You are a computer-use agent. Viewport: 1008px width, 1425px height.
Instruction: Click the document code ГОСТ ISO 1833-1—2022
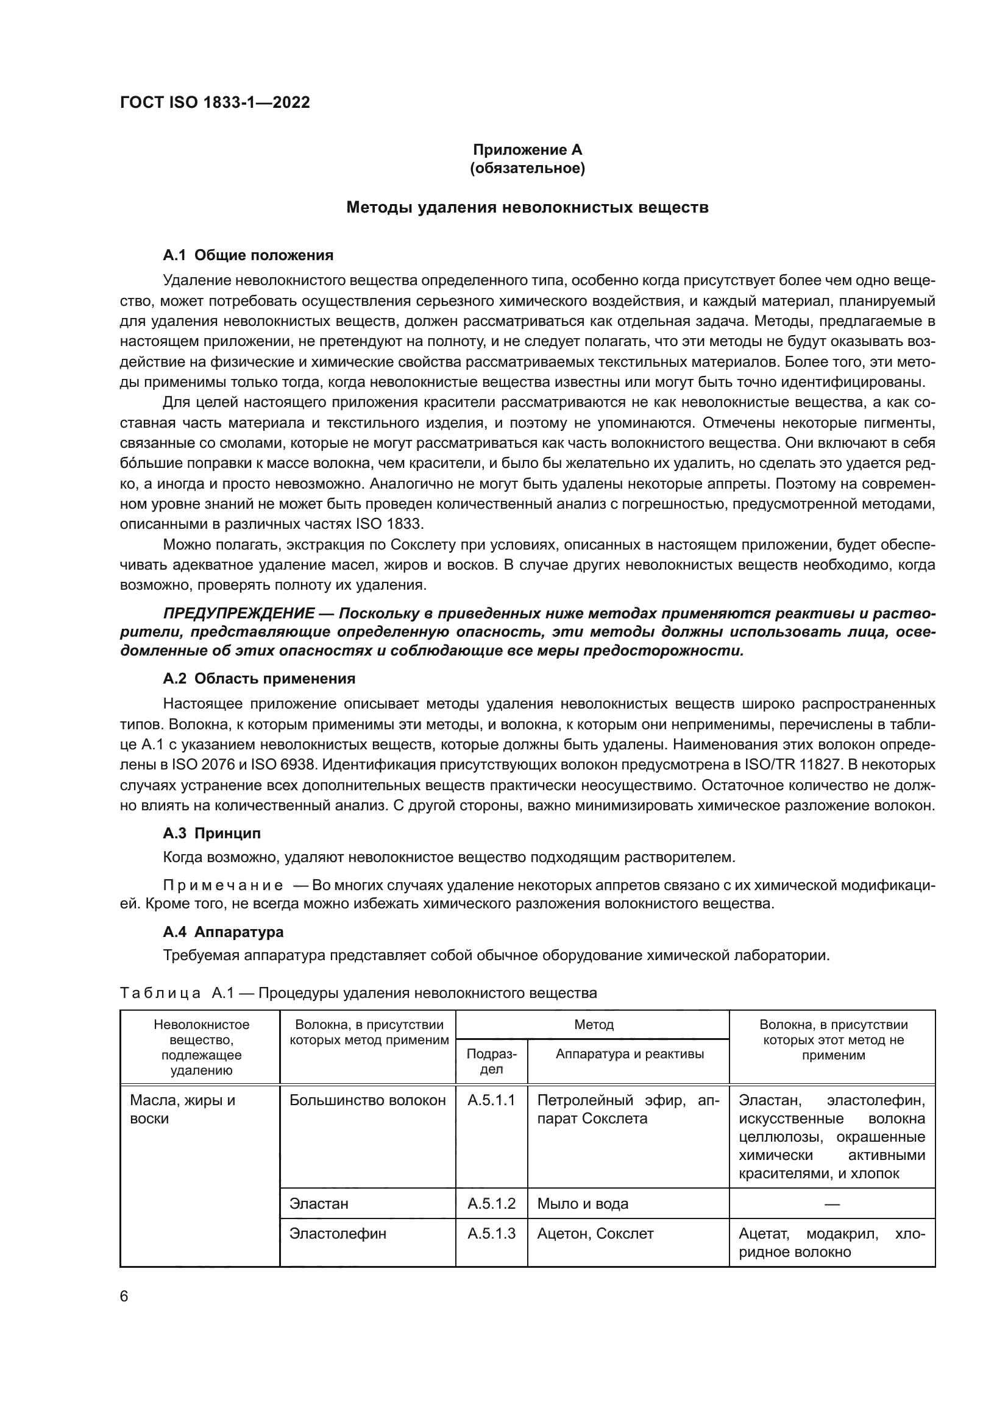215,102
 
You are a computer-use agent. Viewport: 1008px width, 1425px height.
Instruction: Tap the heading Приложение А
527,150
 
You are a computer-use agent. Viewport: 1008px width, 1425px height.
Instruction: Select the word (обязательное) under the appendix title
527,169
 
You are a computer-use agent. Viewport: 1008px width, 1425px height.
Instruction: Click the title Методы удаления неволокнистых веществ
527,207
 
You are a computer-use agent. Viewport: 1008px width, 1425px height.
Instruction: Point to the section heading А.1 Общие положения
247,255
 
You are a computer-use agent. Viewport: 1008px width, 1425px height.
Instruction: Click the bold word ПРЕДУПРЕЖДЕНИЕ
238,614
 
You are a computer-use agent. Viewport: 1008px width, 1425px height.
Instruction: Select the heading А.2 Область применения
259,678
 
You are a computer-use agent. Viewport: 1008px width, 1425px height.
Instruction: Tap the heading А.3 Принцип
211,833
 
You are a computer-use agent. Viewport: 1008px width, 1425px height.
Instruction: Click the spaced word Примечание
223,885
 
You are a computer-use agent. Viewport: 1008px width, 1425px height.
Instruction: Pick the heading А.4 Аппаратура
223,932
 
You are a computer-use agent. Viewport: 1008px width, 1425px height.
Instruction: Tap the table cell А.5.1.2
491,1203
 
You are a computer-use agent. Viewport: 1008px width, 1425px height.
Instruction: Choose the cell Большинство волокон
367,1100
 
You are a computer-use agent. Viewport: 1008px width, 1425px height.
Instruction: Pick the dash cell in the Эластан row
832,1204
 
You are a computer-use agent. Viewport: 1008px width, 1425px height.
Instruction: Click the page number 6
124,1296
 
